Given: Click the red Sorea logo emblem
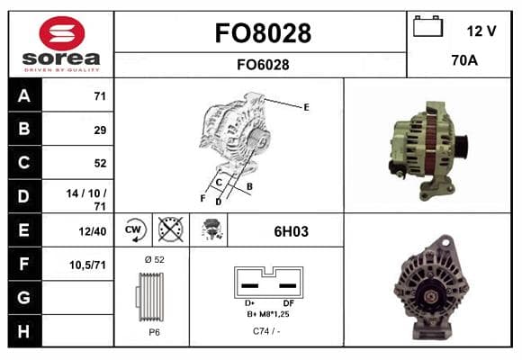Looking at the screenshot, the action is pos(62,33).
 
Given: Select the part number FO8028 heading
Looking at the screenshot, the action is pos(263,33).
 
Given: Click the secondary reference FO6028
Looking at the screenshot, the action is pos(263,65).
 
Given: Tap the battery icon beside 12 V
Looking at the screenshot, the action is pos(427,27).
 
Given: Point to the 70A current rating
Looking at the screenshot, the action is pos(464,60).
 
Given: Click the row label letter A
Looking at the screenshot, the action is pos(24,96).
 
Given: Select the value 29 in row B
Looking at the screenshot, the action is pos(100,130).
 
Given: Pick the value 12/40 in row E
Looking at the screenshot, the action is pos(93,231).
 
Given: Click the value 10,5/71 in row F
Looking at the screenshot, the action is pos(87,265).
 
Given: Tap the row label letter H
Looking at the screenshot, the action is pos(23,331).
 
